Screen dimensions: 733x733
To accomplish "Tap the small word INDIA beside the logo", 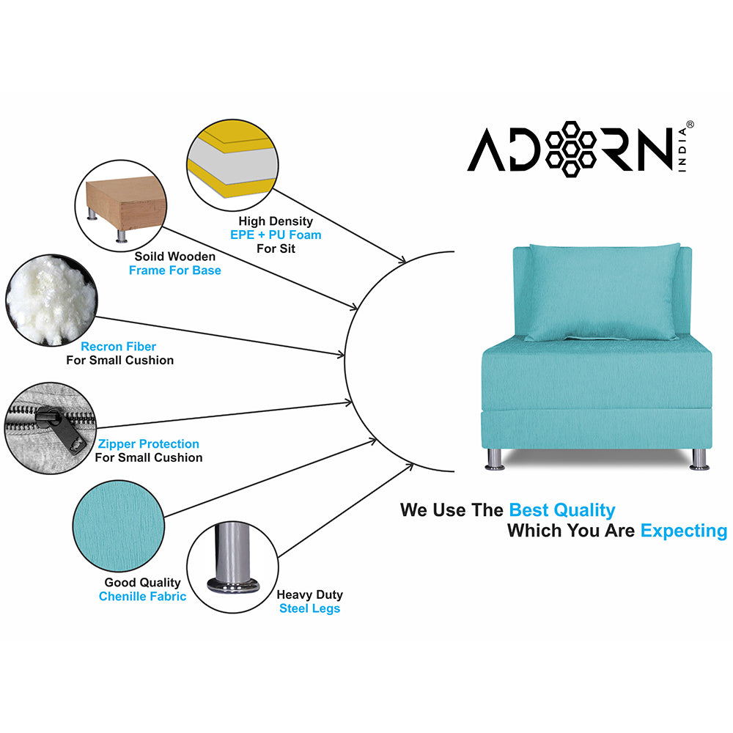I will coord(683,151).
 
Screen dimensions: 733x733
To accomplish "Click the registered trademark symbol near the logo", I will coord(689,125).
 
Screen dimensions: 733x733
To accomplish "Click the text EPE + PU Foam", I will coord(276,235).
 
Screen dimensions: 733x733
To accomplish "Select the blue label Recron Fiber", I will coord(119,346).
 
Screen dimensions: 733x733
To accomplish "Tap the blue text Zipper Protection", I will coord(149,443).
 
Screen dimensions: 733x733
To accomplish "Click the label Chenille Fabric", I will coord(142,596).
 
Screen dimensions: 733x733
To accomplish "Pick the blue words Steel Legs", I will coord(309,608).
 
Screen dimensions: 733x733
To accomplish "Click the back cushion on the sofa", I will coord(603,291).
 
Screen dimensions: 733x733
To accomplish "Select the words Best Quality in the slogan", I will coord(562,510).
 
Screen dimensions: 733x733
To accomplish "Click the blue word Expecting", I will coord(683,531).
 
